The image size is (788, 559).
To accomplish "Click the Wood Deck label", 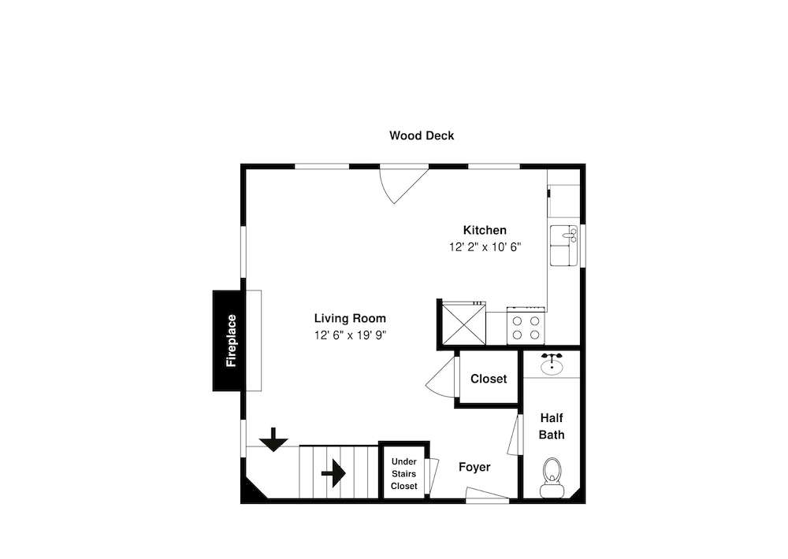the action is coord(422,135).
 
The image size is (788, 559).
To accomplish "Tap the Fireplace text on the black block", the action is coord(231,341).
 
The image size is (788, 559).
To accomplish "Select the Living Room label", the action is coord(351,318).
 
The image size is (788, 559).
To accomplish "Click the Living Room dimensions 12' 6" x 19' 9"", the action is coord(351,335).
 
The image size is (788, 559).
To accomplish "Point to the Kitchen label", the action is coord(485,231).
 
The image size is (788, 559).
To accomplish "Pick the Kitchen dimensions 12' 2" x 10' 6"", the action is coord(485,247).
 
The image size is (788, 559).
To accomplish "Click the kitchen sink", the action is coord(564,245).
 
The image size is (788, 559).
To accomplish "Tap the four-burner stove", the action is coord(526,326).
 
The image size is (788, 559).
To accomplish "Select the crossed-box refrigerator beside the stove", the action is coord(463,324).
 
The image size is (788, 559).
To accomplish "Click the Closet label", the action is coord(489,379).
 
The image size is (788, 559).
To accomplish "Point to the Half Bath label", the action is coord(552,427).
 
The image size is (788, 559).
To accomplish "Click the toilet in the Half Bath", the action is coord(552,477).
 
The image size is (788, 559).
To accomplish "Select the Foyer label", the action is coord(474,468).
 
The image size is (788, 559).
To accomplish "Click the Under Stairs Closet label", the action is coord(404,474).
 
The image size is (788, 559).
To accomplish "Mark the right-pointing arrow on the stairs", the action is coord(333,473).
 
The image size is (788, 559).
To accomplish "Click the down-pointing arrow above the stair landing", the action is coord(273,440).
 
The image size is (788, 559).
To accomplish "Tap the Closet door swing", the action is coord(442,378).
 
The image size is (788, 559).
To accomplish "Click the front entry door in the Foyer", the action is coord(487,494).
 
